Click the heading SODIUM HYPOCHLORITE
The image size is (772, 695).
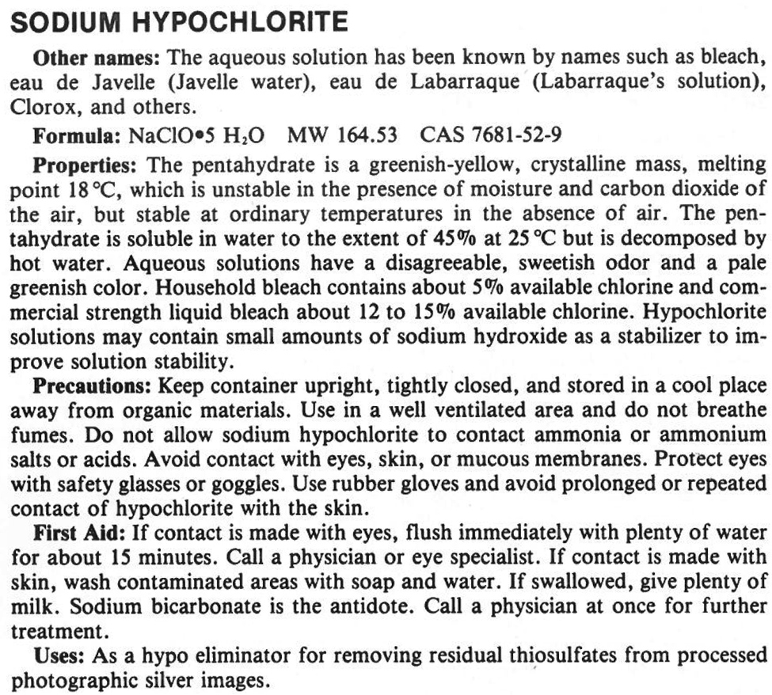(178, 21)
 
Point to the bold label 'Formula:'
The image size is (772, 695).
(76, 136)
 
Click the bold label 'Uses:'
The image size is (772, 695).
(60, 656)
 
